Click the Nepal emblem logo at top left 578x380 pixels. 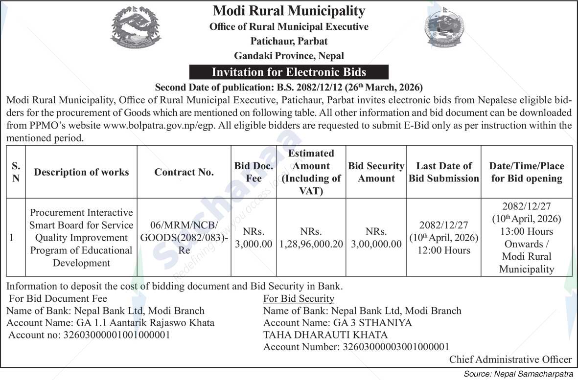coord(135,28)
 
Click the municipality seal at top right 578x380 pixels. coord(443,28)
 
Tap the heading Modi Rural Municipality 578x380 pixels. coord(289,11)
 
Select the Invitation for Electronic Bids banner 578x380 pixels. coord(289,72)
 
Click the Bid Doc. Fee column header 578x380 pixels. coord(254,172)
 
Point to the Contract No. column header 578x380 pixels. coord(184,172)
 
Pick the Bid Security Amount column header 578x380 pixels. coord(376,172)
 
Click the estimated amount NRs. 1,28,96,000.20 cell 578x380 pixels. coord(311,238)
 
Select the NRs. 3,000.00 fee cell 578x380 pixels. coord(254,238)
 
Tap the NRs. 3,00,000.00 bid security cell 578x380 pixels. coord(376,238)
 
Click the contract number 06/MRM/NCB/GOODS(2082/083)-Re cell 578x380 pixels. coord(184,238)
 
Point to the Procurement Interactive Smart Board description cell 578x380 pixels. coord(81,238)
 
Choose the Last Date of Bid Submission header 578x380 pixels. coord(443,172)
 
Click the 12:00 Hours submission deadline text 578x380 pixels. coord(444,250)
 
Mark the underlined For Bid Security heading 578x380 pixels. coord(299,298)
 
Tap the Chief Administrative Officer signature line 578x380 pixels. coord(510,359)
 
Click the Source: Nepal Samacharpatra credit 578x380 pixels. coord(519,374)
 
